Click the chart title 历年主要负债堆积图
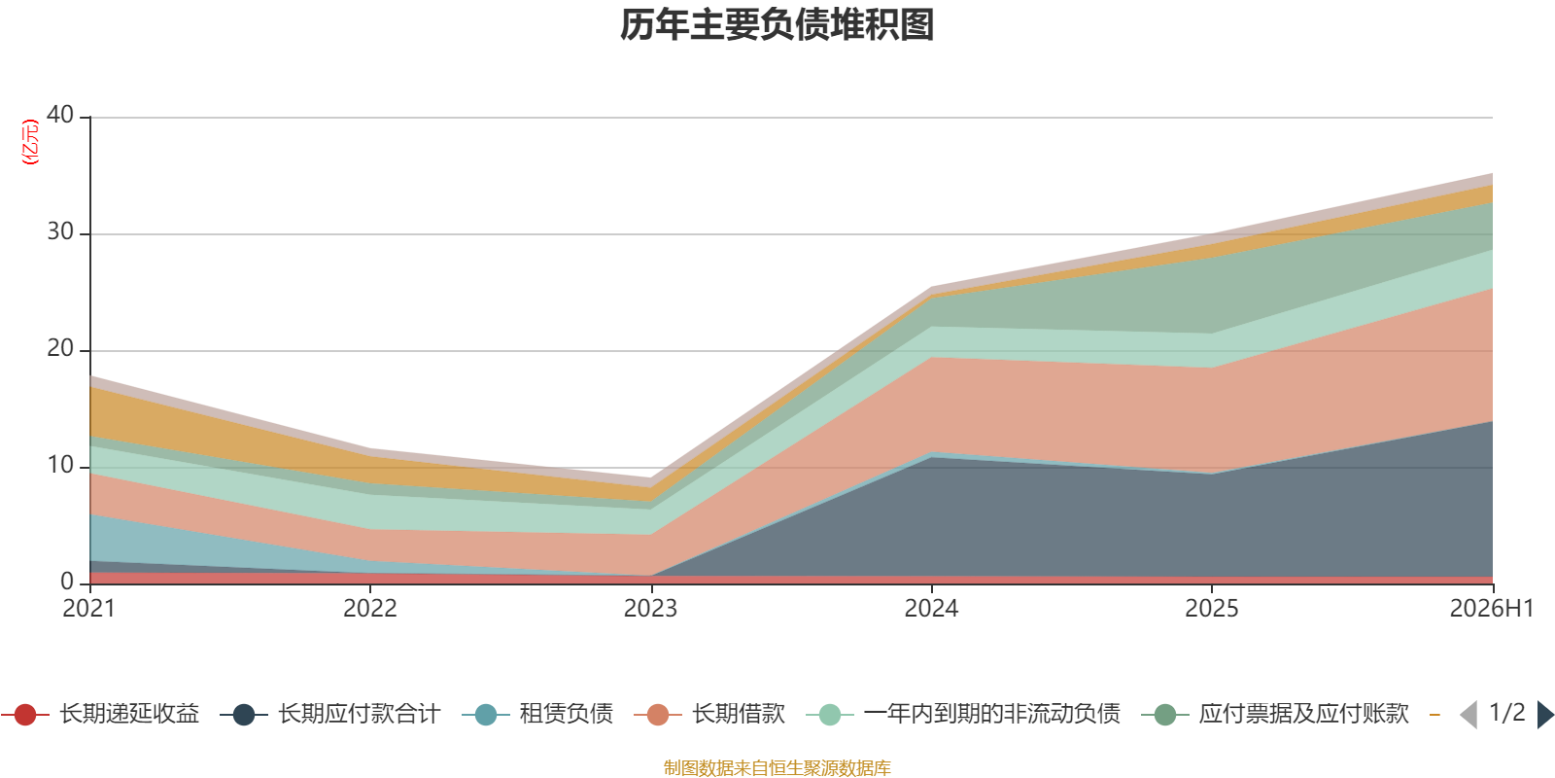(x=777, y=25)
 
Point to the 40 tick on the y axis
(x=60, y=115)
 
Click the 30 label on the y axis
(x=60, y=231)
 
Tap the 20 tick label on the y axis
(x=60, y=348)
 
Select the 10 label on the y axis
(x=60, y=465)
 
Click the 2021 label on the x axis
(x=88, y=609)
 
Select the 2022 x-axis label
(x=370, y=609)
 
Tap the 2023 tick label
(x=650, y=609)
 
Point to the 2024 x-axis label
(x=931, y=609)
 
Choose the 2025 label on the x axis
(x=1211, y=609)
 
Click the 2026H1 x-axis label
(x=1491, y=609)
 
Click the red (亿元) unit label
(x=30, y=142)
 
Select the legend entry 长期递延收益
(x=101, y=714)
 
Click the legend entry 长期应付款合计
(x=330, y=714)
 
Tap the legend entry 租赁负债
(x=537, y=714)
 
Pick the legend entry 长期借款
(x=709, y=714)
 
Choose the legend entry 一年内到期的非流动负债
(x=963, y=714)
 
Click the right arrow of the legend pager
(x=1545, y=714)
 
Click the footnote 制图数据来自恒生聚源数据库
(x=777, y=767)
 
